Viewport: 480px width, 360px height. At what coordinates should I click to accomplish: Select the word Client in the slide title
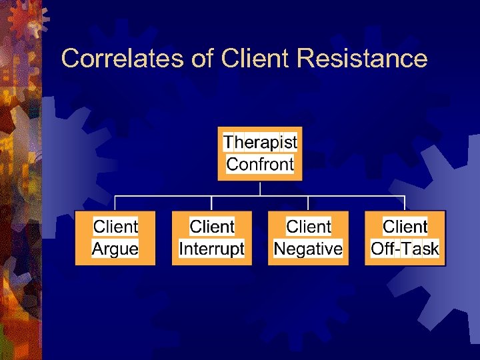257,59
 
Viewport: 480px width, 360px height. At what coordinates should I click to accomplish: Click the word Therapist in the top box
260,142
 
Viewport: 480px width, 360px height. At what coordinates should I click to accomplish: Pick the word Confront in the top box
260,164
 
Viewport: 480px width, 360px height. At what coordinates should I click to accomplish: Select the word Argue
115,249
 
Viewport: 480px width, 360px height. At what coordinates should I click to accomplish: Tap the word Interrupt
212,249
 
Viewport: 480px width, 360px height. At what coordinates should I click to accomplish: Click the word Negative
308,249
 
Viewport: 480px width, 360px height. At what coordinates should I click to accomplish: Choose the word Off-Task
405,249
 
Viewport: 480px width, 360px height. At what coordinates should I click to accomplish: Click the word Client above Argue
115,227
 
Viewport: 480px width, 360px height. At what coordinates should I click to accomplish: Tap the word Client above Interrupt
212,227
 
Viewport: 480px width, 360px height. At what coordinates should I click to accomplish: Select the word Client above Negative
308,227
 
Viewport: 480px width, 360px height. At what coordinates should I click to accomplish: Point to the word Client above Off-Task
405,227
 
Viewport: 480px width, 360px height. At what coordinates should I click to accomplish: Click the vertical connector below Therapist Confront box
260,188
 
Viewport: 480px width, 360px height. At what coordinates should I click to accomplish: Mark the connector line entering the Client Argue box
115,204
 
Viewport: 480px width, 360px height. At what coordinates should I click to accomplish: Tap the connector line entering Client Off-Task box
405,204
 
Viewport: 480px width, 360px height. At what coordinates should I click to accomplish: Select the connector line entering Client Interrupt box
212,204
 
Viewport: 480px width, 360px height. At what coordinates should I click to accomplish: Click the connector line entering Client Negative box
308,204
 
